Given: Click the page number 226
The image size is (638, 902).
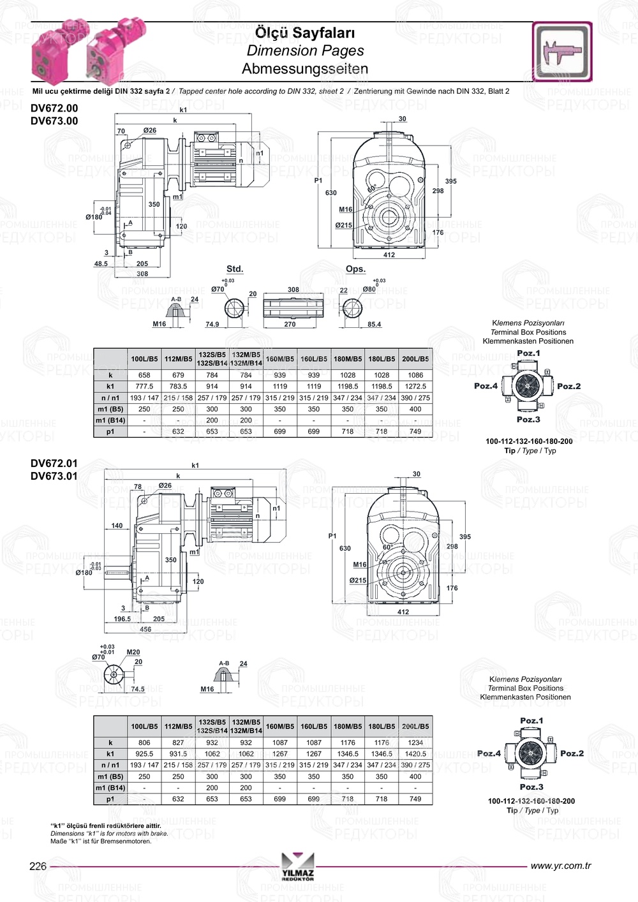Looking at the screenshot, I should point(38,866).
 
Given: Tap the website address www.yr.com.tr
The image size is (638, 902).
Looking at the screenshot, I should point(561,866).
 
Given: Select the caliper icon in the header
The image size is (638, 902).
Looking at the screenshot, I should point(562,52).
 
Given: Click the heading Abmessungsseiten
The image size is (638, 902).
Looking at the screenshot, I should point(305,68).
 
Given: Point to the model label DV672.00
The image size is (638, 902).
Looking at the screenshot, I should point(54,108).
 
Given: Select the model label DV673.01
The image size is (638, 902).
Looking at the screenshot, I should point(54,476).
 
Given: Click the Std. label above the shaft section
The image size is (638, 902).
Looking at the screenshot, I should point(235,269).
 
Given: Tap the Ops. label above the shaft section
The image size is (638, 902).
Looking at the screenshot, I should point(355,269).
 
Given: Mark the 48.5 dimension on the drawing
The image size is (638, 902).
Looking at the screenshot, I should point(101,263).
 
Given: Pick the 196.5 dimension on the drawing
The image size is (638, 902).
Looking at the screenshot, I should point(122,619).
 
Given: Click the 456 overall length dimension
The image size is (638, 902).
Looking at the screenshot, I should point(145,629).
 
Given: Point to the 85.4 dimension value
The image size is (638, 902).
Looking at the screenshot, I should point(374,324).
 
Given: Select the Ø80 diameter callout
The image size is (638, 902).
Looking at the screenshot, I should point(369,289).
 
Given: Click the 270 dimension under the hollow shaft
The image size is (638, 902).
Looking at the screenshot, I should point(290,324).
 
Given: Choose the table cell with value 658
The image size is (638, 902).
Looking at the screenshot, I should point(144,375).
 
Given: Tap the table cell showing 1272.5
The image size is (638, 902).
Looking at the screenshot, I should point(415,386).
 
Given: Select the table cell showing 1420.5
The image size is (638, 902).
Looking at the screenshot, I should point(415,754).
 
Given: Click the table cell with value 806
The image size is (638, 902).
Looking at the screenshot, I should point(144,743).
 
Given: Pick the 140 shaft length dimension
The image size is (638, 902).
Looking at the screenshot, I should point(117,526).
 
